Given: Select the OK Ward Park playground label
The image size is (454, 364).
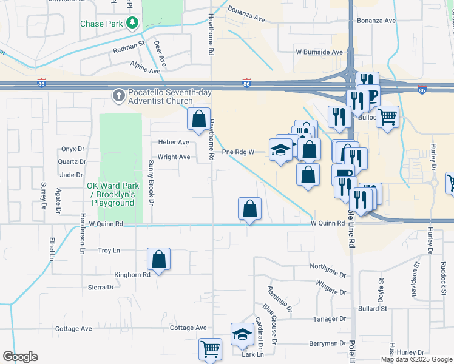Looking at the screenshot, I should (x=113, y=194).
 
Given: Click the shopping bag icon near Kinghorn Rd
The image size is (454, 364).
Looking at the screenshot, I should (x=158, y=259).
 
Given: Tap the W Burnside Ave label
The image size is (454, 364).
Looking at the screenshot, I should (x=319, y=52).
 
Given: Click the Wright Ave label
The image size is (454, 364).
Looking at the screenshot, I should (x=174, y=157).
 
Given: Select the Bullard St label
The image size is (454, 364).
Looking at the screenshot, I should (x=372, y=309).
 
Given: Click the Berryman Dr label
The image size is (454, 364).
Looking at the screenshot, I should (x=326, y=343).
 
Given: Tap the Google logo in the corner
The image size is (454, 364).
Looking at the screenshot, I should (x=21, y=357).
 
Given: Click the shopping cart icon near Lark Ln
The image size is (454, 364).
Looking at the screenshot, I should (x=210, y=349).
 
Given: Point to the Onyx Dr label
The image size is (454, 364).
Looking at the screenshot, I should (x=72, y=149).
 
